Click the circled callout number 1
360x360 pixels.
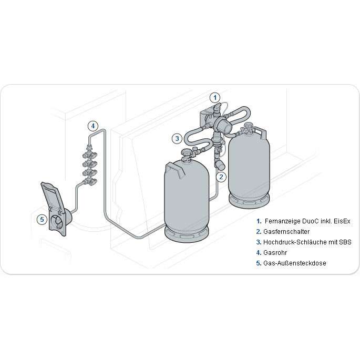coord(215,98)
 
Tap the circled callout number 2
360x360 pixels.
coord(221,177)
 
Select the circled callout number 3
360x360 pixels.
coord(177,139)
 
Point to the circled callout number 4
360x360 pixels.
coord(93,126)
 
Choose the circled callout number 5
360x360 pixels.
coord(42,219)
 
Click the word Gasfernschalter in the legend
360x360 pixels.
coord(286,232)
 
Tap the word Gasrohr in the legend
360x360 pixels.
coord(275,253)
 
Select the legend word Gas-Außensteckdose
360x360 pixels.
coord(294,263)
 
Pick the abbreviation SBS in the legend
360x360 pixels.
coord(345,242)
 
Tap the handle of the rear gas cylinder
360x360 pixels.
coord(261,132)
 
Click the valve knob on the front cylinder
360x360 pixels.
coord(186,151)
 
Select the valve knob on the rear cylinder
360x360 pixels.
coord(248,126)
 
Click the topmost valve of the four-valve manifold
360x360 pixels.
coord(90,155)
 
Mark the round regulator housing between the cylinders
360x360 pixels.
coord(223,124)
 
